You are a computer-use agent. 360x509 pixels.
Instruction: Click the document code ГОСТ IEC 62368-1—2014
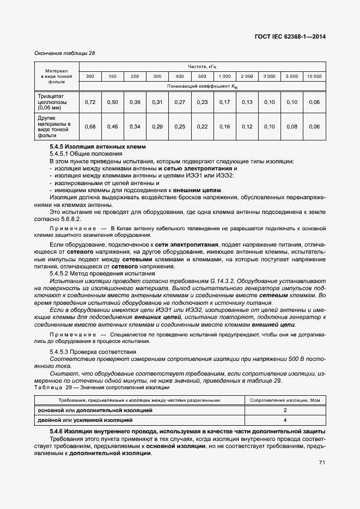[x=294, y=38]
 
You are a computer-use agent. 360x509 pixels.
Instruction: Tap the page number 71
[x=322, y=462]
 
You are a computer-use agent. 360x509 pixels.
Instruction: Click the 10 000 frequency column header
[x=314, y=76]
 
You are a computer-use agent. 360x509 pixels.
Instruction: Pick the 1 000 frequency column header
[x=224, y=76]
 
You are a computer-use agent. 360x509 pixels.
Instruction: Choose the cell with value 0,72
[x=90, y=102]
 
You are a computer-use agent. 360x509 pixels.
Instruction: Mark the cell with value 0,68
[x=90, y=126]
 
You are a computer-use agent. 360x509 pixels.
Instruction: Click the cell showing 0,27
[x=179, y=102]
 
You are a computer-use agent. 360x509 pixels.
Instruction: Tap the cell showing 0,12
[x=247, y=126]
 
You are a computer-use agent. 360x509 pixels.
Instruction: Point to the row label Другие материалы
[x=53, y=126]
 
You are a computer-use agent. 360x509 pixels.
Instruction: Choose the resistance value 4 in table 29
[x=285, y=420]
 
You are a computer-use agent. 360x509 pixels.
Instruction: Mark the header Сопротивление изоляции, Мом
[x=285, y=400]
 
